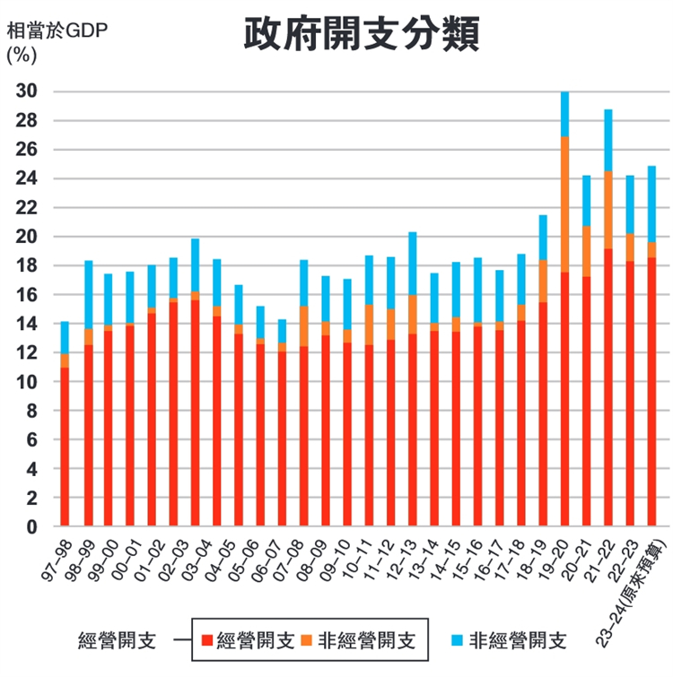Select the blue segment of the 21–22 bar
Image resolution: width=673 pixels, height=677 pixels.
point(608,140)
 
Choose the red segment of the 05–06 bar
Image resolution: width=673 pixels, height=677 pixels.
point(260,436)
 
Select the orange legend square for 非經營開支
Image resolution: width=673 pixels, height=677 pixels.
point(308,640)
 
